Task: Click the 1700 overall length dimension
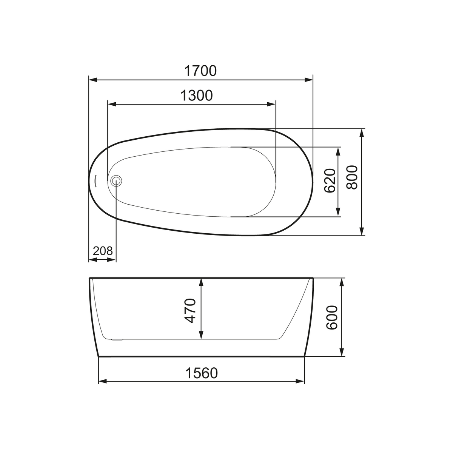(x=200, y=71)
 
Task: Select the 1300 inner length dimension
(x=196, y=96)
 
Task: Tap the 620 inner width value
(x=329, y=181)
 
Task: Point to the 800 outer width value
(x=352, y=177)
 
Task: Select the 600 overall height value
(x=331, y=317)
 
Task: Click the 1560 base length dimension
(x=202, y=373)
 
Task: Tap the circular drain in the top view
(x=116, y=181)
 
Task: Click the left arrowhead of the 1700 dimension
(x=93, y=80)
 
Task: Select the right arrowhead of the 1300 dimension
(x=272, y=104)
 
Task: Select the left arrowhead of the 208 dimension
(x=92, y=260)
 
